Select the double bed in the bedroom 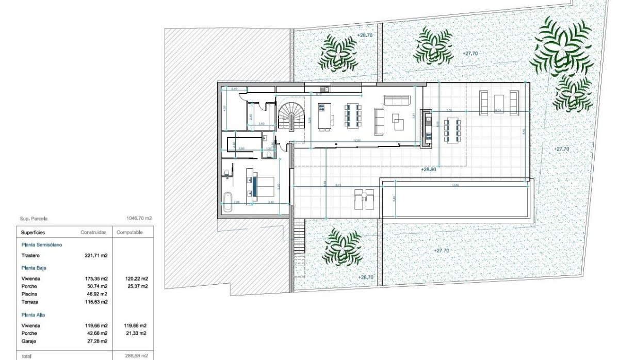(x=265, y=186)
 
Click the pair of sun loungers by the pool (x=364, y=199)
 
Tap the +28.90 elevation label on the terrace (x=429, y=169)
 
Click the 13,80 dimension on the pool (x=454, y=185)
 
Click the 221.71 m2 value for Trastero (x=95, y=255)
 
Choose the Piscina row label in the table (x=29, y=293)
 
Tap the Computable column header (x=129, y=233)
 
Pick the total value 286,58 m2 (x=136, y=356)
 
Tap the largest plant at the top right (x=561, y=46)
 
